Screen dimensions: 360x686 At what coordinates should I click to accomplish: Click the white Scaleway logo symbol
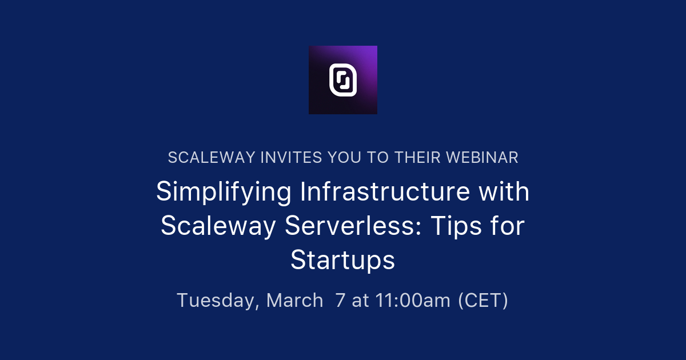tap(343, 80)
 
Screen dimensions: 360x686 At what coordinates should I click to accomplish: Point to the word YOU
tap(344, 158)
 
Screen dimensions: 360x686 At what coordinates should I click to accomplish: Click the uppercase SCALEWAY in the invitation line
tap(211, 158)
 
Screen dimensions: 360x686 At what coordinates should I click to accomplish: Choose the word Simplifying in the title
tap(224, 193)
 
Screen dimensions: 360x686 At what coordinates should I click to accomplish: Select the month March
tap(295, 300)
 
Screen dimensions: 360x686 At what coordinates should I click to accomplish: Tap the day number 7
tap(341, 300)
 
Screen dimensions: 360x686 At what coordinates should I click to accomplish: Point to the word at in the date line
tap(361, 300)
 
